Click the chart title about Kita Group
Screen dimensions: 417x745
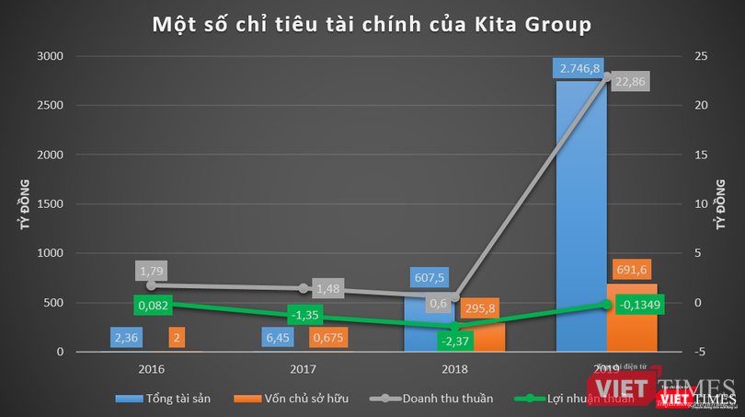(372, 25)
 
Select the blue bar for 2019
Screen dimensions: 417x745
(581, 221)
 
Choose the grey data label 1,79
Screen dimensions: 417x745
(152, 272)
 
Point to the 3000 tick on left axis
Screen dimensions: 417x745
(50, 56)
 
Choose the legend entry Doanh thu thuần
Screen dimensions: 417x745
(432, 399)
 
